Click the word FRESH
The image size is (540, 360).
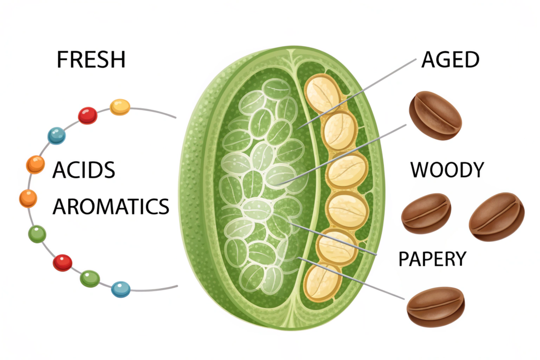click(x=91, y=60)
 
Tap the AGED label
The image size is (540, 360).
click(x=450, y=60)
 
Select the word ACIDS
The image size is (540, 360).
click(x=84, y=170)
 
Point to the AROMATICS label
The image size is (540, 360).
click(x=111, y=207)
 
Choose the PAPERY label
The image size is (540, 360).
click(x=432, y=259)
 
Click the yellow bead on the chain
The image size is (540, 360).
click(x=120, y=107)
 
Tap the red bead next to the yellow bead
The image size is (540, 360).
click(x=88, y=115)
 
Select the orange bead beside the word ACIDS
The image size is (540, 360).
click(x=35, y=164)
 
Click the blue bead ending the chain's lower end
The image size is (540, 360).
click(x=121, y=288)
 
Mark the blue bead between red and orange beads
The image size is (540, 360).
click(x=56, y=136)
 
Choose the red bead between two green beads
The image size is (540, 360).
click(x=62, y=262)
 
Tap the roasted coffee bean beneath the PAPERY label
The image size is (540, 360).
click(x=436, y=306)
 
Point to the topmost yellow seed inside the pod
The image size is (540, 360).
click(x=323, y=93)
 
